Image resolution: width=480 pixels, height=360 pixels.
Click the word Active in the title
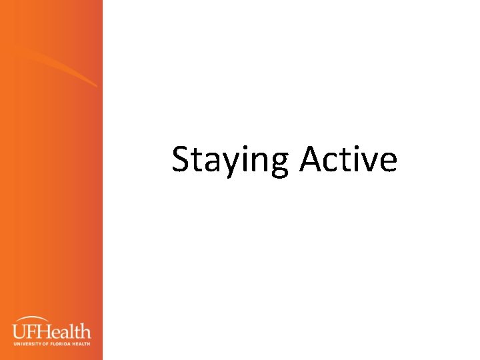point(348,160)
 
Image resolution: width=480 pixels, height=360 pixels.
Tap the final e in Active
point(389,162)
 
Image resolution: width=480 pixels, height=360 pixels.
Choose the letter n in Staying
point(265,162)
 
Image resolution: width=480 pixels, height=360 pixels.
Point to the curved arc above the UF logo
point(40,319)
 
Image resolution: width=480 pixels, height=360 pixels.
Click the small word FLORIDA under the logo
point(61,343)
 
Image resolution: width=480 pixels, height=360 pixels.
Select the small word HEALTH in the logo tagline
point(81,343)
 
